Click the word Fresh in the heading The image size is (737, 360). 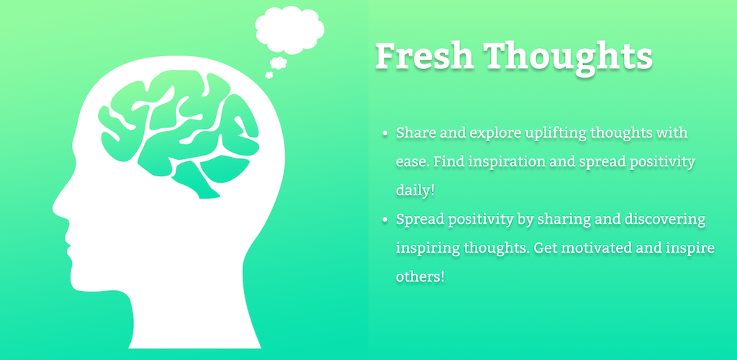click(x=425, y=56)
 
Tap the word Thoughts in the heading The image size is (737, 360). click(x=569, y=58)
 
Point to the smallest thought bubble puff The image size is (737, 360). click(x=269, y=75)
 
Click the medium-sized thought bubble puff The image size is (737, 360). click(x=279, y=63)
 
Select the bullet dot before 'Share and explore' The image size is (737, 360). click(x=386, y=134)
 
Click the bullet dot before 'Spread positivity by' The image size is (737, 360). click(x=386, y=220)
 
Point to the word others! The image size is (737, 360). click(x=420, y=276)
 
